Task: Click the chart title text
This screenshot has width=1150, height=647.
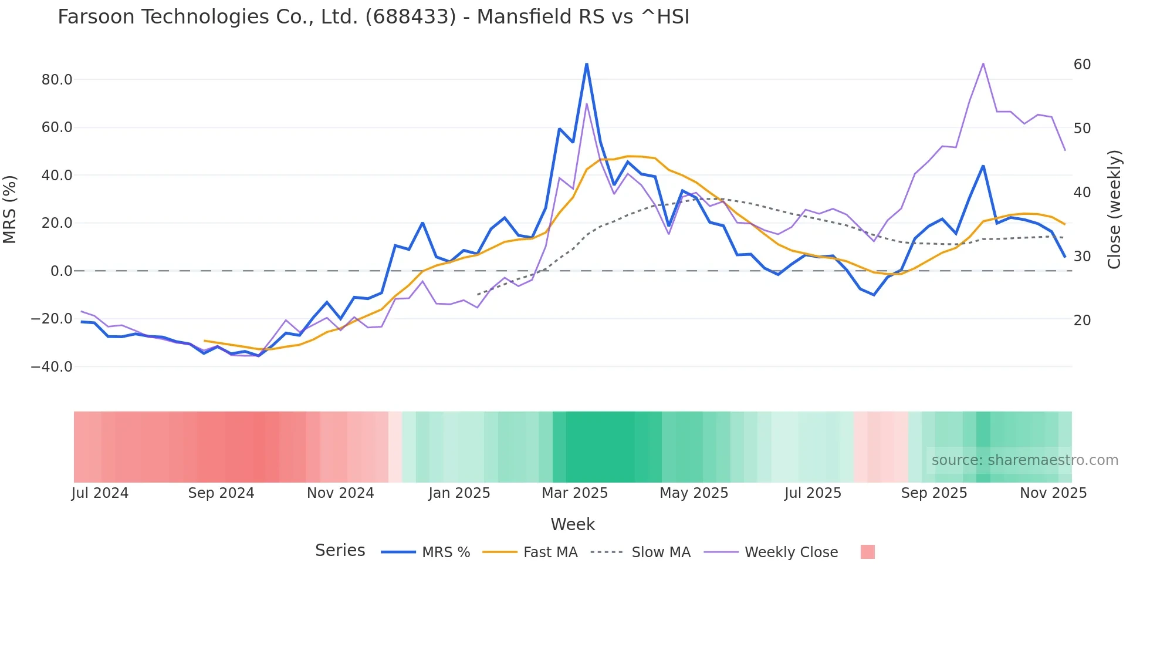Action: [x=373, y=17]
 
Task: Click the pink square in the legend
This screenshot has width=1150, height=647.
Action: [x=867, y=552]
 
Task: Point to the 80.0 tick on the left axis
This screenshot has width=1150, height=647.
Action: [x=57, y=80]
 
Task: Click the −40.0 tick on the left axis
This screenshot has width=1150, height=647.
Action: [x=52, y=367]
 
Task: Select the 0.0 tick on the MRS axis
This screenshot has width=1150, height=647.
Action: [x=61, y=271]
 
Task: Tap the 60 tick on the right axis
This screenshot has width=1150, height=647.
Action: [x=1082, y=65]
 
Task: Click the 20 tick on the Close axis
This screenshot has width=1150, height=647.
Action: [x=1082, y=321]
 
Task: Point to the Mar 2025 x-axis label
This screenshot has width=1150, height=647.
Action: [x=574, y=493]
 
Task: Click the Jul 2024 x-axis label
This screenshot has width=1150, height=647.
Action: [x=100, y=493]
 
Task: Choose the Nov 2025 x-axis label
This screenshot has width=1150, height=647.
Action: [x=1053, y=493]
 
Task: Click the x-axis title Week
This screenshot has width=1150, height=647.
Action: [x=573, y=524]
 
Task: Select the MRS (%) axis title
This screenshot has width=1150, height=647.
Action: [x=10, y=209]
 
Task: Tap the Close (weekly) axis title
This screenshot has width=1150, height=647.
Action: [x=1114, y=209]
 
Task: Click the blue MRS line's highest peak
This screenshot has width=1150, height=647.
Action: [x=586, y=63]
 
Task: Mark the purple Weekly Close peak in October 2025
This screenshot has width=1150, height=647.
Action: [x=983, y=63]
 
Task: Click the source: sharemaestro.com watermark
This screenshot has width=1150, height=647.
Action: [x=1024, y=460]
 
